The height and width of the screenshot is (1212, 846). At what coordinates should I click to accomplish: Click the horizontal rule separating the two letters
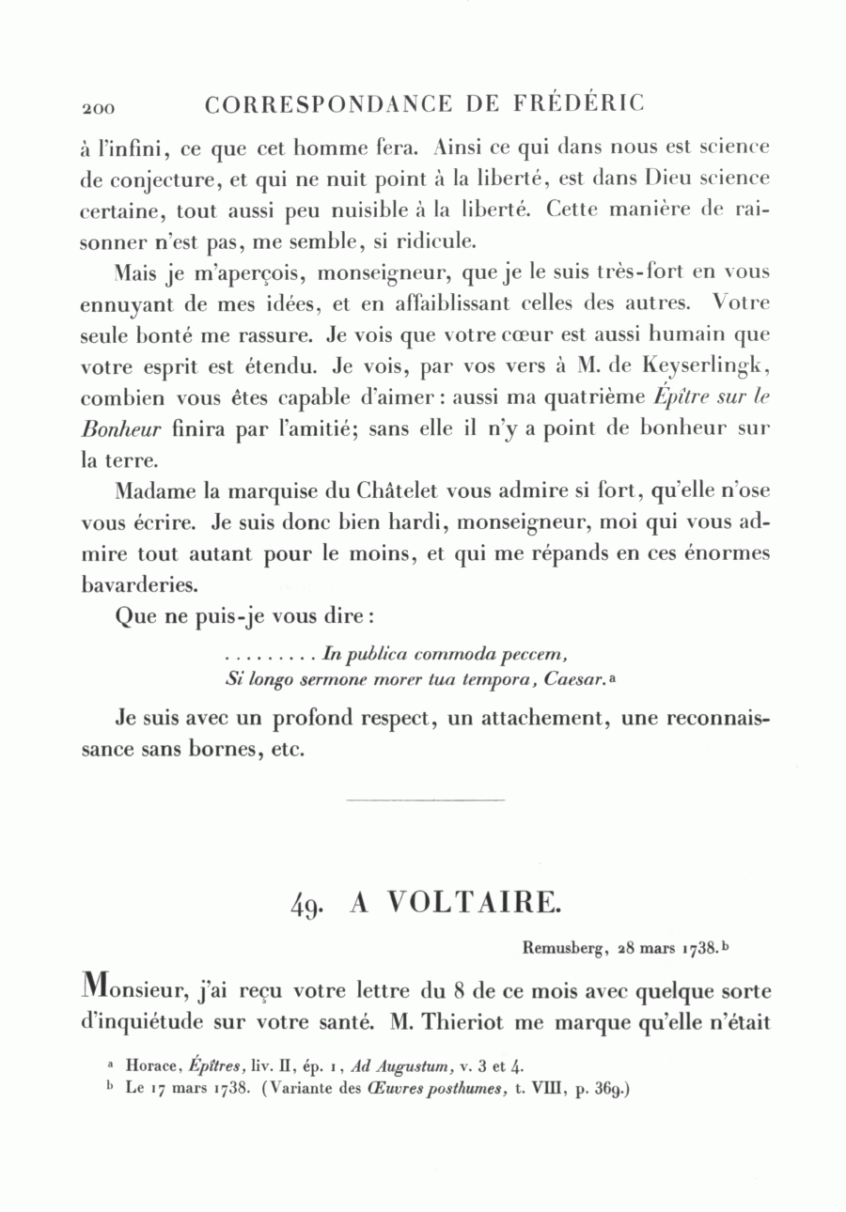[425, 800]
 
